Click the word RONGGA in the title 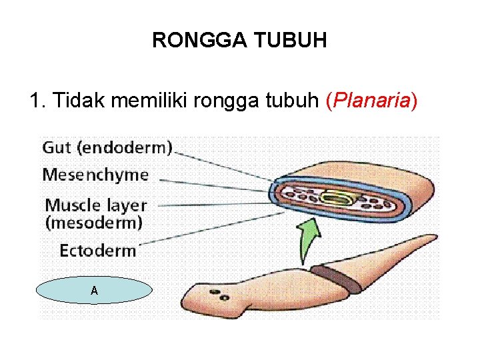click(195, 41)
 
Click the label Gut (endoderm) click(107, 147)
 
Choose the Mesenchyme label click(95, 175)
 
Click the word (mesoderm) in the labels click(93, 222)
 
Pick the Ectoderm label click(97, 251)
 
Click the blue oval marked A click(94, 291)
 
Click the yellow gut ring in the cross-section click(333, 197)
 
